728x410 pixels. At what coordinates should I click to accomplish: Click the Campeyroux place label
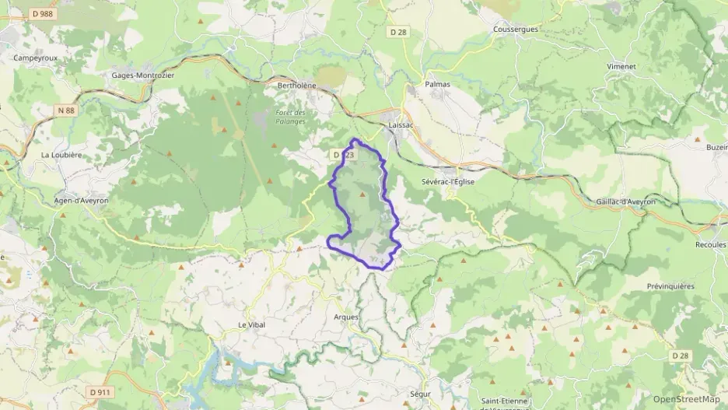pos(32,58)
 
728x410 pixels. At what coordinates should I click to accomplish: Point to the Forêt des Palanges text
pos(290,117)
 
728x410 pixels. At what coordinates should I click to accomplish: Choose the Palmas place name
pos(437,83)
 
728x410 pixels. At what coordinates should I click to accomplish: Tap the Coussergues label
pos(516,30)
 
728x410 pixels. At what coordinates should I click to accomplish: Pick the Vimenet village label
pos(621,67)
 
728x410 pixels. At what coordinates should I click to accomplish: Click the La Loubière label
pos(61,155)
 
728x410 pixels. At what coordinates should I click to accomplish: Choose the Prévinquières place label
pos(670,286)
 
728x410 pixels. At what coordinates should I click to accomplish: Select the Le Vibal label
pos(252,324)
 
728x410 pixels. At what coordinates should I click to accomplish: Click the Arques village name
pos(346,317)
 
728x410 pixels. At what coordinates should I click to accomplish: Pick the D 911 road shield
pos(99,392)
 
